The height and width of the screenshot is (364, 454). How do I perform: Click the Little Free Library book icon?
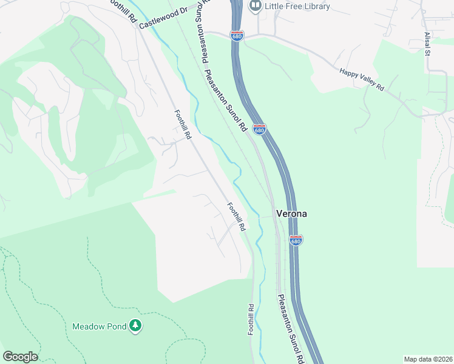point(256,6)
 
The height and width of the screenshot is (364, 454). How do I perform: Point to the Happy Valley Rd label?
point(362,79)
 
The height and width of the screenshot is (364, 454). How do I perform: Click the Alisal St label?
point(427,44)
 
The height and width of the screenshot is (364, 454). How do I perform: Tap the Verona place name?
point(291,214)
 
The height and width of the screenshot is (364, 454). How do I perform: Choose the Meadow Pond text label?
point(100,326)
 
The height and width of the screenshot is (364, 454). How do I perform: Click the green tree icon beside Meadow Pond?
point(135,326)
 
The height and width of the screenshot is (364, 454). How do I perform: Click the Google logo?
point(20,357)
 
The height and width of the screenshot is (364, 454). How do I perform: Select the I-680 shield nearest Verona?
point(296,240)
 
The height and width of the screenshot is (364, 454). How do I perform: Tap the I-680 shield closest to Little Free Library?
point(237,36)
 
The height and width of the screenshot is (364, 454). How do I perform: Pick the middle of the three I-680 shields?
point(259,129)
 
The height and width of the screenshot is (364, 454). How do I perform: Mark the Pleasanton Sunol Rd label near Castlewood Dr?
point(200,36)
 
